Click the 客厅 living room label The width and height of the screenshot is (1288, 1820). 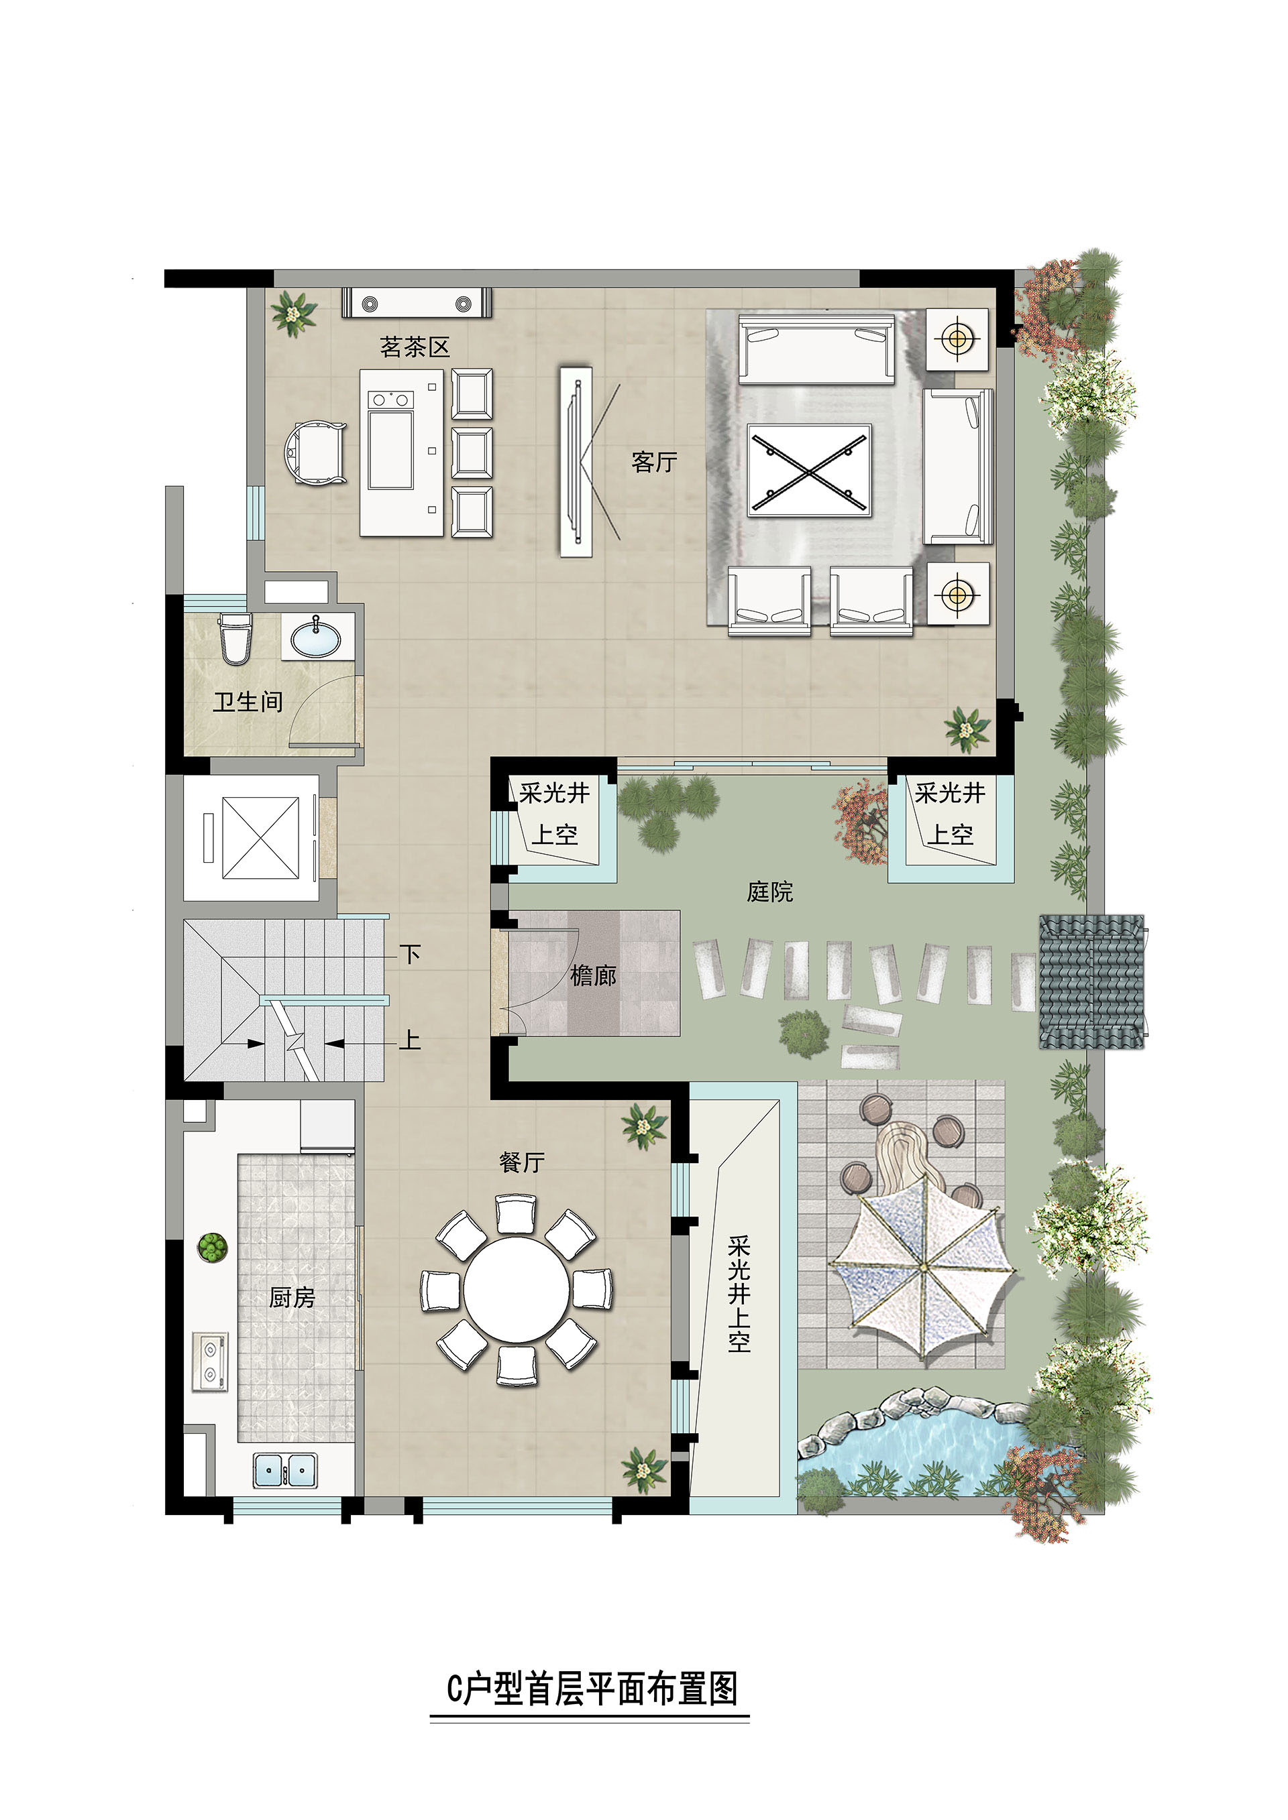654,462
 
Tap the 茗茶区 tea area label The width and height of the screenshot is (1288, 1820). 415,347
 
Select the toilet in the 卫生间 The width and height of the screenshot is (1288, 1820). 235,638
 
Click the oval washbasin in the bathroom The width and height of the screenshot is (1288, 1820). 316,638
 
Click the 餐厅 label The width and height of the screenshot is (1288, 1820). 522,1163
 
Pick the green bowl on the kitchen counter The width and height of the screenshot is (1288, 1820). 212,1247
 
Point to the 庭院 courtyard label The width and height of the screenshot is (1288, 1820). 769,892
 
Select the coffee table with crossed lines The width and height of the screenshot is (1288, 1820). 809,471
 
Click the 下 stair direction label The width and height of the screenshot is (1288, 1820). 409,954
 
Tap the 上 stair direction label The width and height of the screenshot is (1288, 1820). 409,1039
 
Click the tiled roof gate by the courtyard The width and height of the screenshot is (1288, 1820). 1092,981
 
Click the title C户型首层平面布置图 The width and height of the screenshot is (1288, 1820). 592,1689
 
